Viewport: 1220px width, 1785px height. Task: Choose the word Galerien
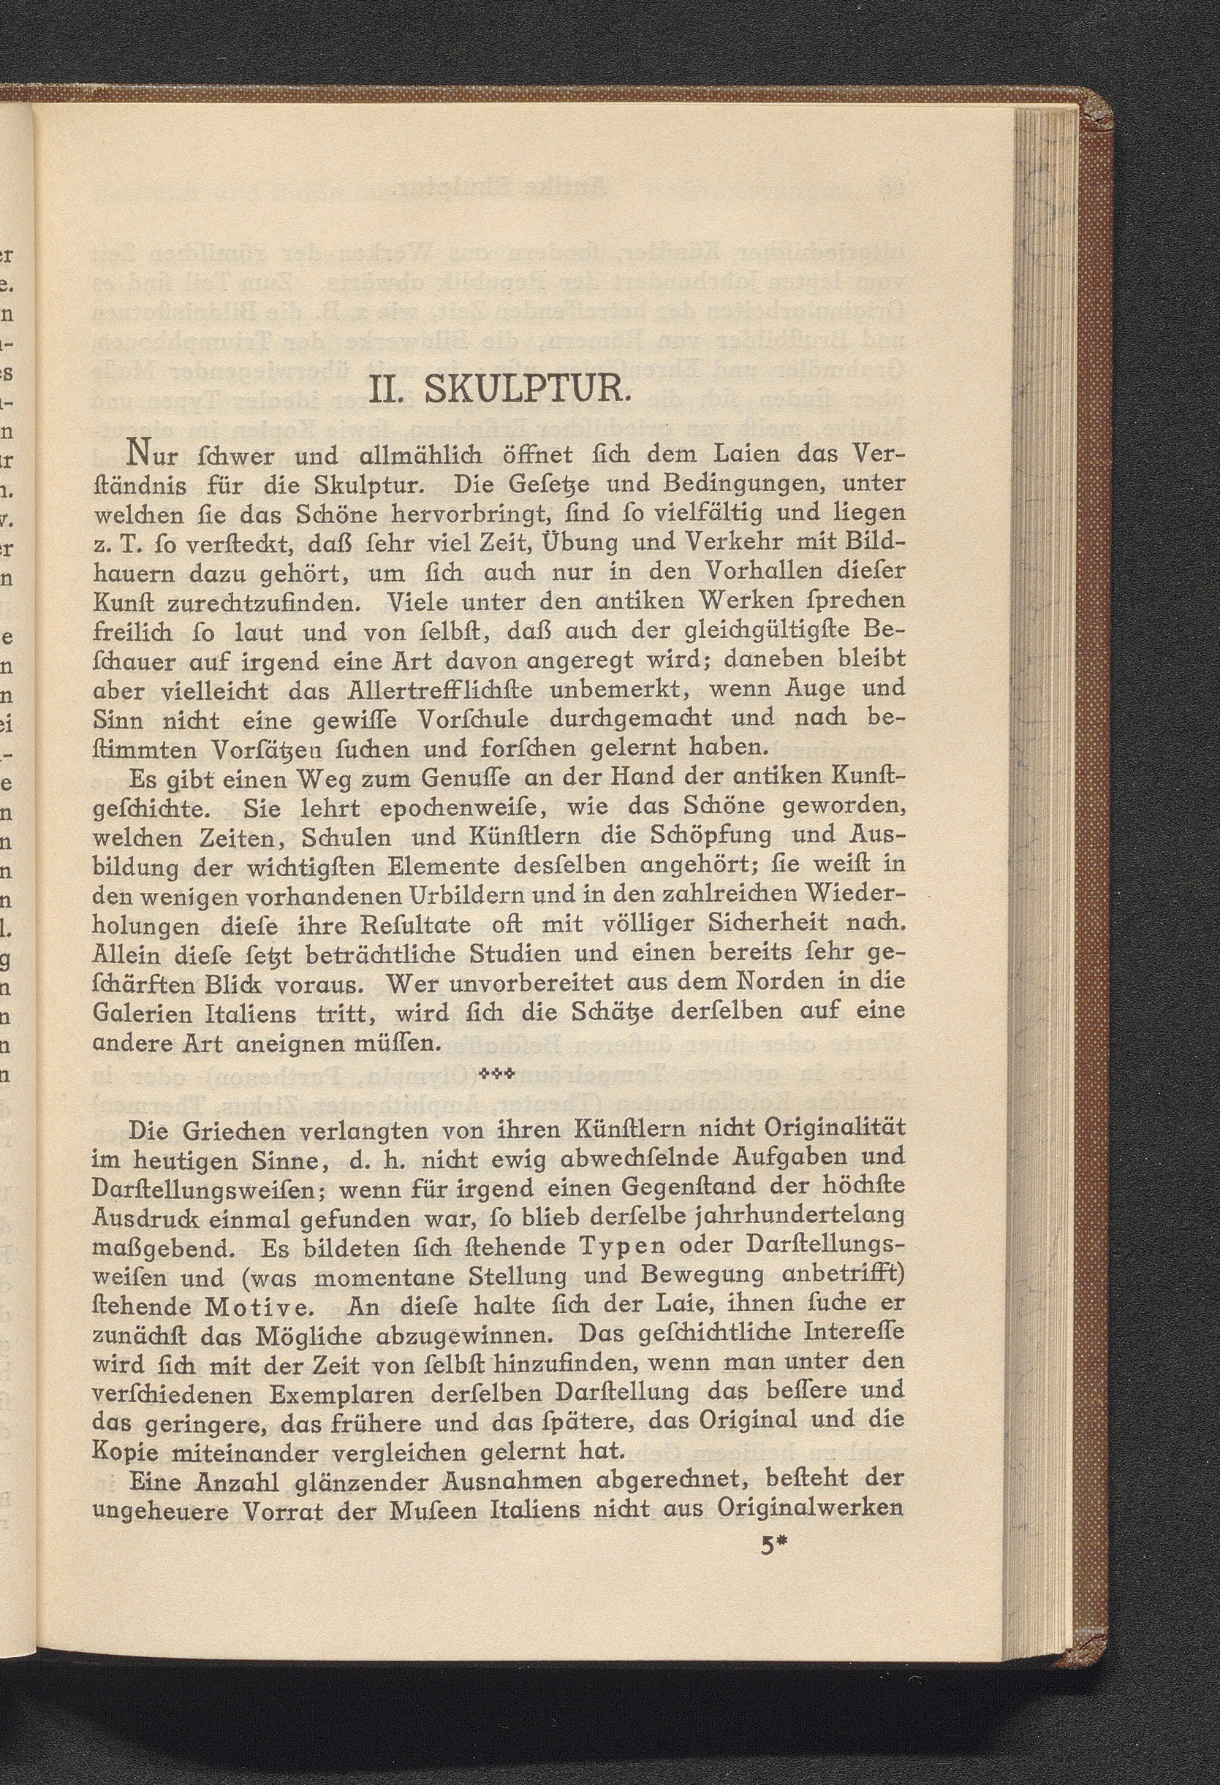tap(145, 1013)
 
